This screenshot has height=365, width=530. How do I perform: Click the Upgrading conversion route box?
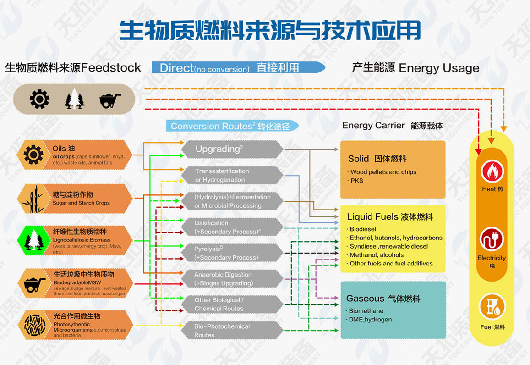click(x=232, y=149)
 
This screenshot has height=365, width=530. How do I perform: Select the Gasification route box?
click(x=232, y=227)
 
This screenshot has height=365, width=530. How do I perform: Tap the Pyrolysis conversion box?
click(x=232, y=253)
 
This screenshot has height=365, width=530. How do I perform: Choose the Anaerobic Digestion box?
click(x=232, y=279)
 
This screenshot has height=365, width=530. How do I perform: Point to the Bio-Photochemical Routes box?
click(x=232, y=331)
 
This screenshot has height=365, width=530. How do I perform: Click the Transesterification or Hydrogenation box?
click(x=232, y=175)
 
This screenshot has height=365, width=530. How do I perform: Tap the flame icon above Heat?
click(x=492, y=172)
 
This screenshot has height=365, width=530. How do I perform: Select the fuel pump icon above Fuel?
click(x=492, y=307)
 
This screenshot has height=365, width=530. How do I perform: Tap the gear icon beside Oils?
click(x=33, y=155)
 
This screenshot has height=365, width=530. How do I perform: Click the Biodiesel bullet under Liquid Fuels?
click(x=362, y=229)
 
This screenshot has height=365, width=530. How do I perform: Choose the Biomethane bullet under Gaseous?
click(x=366, y=311)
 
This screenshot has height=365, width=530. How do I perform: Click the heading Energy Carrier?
click(x=373, y=126)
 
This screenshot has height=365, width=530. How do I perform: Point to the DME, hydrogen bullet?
click(x=370, y=320)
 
